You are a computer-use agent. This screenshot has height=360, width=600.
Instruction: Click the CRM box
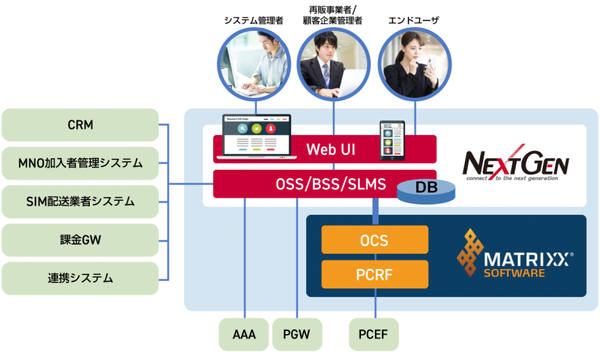pyautogui.click(x=80, y=125)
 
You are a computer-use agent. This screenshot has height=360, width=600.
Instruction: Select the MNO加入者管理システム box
pyautogui.click(x=80, y=163)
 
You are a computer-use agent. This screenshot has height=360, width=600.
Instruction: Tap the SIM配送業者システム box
pyautogui.click(x=80, y=201)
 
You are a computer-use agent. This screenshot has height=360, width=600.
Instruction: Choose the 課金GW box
pyautogui.click(x=80, y=240)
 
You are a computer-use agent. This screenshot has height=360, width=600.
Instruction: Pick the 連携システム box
pyautogui.click(x=80, y=278)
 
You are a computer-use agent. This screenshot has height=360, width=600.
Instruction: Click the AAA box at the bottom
pyautogui.click(x=244, y=334)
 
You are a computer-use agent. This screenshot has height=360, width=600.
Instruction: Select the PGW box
pyautogui.click(x=297, y=334)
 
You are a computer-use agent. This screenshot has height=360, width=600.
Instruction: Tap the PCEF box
pyautogui.click(x=373, y=334)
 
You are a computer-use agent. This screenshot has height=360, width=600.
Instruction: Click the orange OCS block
pyautogui.click(x=374, y=240)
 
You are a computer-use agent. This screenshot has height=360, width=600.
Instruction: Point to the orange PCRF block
pyautogui.click(x=374, y=274)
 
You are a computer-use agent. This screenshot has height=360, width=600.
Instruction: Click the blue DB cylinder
pyautogui.click(x=426, y=191)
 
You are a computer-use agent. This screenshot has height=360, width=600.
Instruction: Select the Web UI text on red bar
pyautogui.click(x=331, y=149)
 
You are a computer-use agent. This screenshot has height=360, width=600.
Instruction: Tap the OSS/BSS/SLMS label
pyautogui.click(x=331, y=185)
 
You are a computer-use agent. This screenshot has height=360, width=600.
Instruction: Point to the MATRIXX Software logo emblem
pyautogui.click(x=470, y=253)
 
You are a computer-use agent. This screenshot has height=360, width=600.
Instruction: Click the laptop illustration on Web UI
pyautogui.click(x=256, y=136)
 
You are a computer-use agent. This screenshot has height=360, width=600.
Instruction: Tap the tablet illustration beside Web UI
pyautogui.click(x=392, y=140)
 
